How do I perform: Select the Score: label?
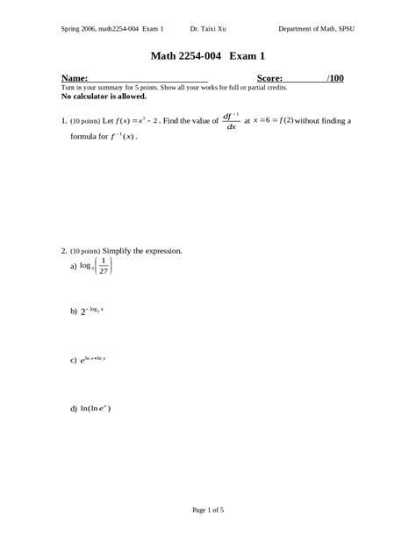(x=269, y=78)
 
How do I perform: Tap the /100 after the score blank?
(x=334, y=78)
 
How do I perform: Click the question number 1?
(x=64, y=121)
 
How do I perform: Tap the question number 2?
(x=64, y=251)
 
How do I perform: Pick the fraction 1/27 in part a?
(x=104, y=266)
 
